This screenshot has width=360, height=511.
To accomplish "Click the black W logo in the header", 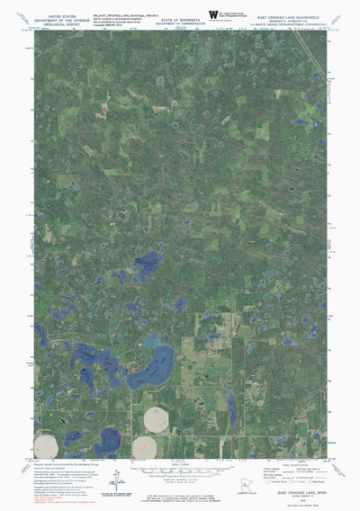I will pos(213,13).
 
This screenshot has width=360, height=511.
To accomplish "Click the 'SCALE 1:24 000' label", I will pos(180,459).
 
